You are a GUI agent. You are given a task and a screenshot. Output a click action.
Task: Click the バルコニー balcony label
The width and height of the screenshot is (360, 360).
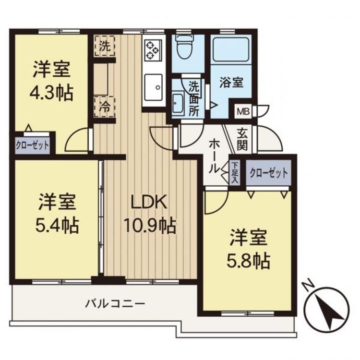[115, 303]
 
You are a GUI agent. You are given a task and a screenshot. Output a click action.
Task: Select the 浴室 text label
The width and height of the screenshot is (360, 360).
[231, 82]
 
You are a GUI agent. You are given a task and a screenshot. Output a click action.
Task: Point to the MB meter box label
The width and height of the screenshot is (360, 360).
[241, 112]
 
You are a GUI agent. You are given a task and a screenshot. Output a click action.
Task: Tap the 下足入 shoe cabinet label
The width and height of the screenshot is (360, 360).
[235, 173]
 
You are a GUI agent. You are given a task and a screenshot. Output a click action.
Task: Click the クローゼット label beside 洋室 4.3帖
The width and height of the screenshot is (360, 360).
[32, 144]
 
